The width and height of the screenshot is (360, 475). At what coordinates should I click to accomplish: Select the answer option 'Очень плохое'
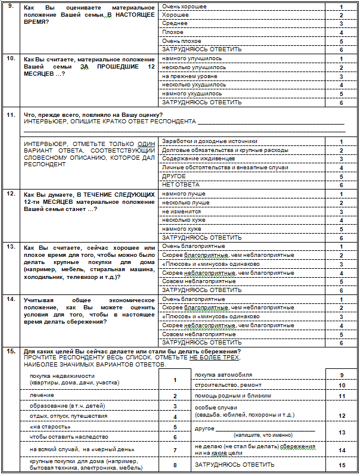pyautogui.click(x=178, y=41)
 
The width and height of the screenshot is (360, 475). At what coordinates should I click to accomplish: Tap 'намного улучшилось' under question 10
pyautogui.click(x=192, y=58)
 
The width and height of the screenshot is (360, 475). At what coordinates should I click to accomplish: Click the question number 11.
pyautogui.click(x=10, y=114)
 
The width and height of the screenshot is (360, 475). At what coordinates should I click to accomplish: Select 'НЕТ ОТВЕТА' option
pyautogui.click(x=173, y=185)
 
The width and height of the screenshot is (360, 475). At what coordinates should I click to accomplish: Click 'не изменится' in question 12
pyautogui.click(x=177, y=212)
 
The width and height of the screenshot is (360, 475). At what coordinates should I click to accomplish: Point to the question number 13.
pyautogui.click(x=10, y=246)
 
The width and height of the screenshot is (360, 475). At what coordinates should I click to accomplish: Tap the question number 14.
pyautogui.click(x=10, y=299)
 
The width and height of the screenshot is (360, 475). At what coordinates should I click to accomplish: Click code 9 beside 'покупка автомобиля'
pyautogui.click(x=342, y=375)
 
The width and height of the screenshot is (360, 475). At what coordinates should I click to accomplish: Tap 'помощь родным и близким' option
pyautogui.click(x=233, y=395)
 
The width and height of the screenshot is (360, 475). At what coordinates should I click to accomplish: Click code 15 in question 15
pyautogui.click(x=342, y=465)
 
